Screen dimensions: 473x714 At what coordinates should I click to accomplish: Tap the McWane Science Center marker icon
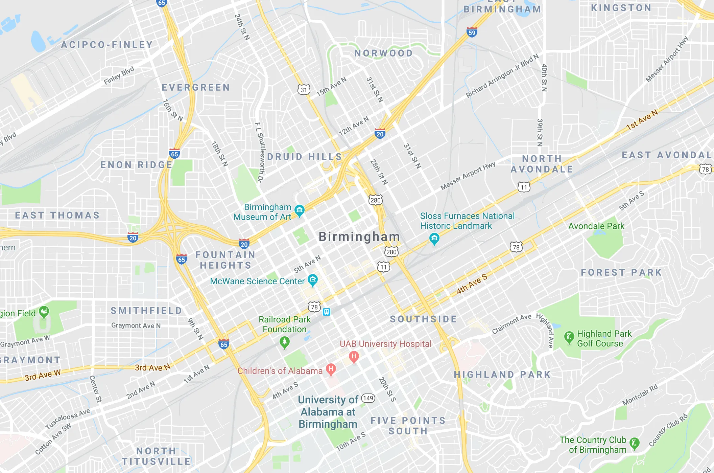[x=312, y=280]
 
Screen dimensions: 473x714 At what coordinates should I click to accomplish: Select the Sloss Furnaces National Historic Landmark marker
[x=434, y=239]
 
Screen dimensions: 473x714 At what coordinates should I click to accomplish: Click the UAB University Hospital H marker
[x=354, y=356]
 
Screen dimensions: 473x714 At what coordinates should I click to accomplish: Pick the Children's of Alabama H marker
[x=331, y=369]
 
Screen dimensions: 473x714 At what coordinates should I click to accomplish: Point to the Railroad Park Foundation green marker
[x=285, y=342]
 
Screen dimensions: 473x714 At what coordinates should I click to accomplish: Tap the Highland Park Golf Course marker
[x=569, y=337]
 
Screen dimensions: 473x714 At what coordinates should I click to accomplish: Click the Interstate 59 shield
[x=472, y=32]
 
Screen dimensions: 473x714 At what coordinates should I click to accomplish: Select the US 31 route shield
[x=304, y=90]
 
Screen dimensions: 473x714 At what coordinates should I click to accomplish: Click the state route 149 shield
[x=368, y=398]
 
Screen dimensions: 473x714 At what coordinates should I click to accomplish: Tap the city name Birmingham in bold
[x=359, y=236]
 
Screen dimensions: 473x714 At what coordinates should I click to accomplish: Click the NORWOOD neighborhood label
[x=383, y=53]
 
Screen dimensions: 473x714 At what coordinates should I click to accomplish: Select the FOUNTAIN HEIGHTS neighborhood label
[x=225, y=260]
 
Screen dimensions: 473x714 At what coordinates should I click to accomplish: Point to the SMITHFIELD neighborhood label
[x=146, y=311]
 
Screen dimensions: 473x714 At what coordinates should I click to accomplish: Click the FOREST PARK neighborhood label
[x=621, y=272]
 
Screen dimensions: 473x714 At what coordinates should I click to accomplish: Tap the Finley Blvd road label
[x=119, y=75]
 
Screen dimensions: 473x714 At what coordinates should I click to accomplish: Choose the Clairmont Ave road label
[x=511, y=324]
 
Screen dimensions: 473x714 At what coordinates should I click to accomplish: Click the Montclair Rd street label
[x=640, y=395]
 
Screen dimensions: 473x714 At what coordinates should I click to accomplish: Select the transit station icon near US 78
[x=326, y=312]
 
